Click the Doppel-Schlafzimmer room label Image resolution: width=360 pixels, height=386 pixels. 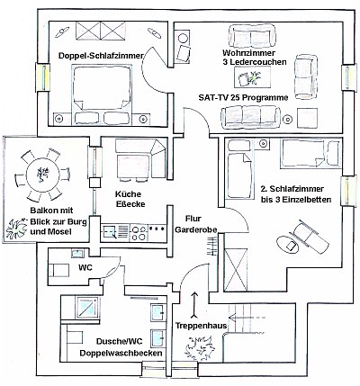101,56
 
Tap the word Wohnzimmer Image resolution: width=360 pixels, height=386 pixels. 248,53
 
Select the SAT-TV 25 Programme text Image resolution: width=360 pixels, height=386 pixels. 243,98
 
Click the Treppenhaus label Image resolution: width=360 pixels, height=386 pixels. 201,326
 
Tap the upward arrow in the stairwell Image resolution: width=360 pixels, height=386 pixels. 194,304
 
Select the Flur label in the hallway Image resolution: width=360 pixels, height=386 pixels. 193,219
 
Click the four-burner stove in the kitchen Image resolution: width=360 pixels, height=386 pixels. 139,233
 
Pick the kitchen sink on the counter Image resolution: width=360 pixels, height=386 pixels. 109,232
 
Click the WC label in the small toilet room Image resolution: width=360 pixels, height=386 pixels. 85,267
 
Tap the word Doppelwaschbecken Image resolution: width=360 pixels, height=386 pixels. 121,353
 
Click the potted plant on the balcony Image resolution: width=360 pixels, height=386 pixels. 15,229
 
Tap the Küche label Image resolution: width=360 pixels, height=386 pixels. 128,194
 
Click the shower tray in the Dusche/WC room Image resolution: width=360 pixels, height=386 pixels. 87,307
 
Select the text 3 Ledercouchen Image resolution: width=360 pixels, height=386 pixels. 255,62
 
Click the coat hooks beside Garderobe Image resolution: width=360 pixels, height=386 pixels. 213,246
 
